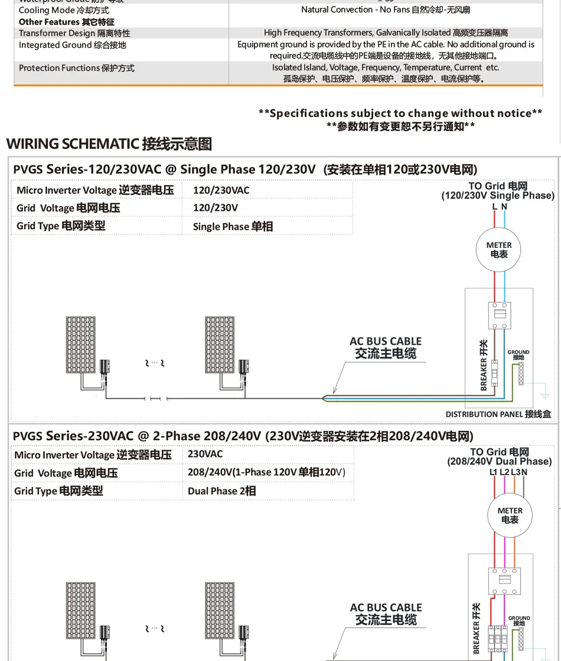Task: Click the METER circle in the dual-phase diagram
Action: point(510,515)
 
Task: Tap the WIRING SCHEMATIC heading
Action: point(109,143)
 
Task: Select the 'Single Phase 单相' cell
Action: point(233,226)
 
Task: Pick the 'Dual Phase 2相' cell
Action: point(221,490)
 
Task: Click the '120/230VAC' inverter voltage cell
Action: point(221,190)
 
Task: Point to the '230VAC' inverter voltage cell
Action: point(205,454)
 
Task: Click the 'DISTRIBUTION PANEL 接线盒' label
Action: point(498,414)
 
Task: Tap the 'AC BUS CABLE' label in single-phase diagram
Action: point(386,341)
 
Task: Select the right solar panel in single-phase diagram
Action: point(218,345)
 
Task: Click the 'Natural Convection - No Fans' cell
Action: point(386,9)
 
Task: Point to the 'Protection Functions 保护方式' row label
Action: point(77,68)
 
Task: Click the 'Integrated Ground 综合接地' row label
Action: point(73,45)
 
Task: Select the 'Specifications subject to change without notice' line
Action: point(400,113)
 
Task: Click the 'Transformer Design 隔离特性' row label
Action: point(74,33)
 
